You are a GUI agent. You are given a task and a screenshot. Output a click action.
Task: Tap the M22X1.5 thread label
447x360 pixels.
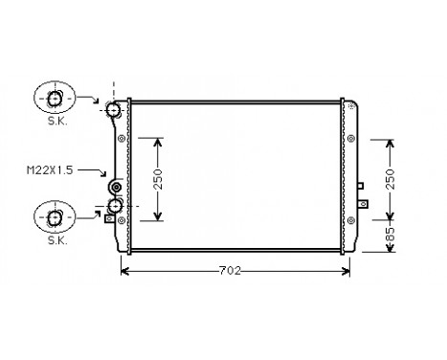[50, 169]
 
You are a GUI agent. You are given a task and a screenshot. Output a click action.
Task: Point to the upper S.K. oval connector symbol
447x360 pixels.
[53, 99]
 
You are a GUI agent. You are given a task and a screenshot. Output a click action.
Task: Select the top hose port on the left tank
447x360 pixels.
[116, 110]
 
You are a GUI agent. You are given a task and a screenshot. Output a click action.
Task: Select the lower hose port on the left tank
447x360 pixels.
[116, 206]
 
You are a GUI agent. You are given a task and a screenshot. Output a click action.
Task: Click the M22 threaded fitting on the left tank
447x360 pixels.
[117, 187]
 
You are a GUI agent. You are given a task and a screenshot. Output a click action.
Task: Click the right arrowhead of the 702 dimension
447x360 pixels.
[348, 271]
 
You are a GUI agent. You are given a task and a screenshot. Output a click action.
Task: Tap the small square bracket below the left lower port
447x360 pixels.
[109, 219]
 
